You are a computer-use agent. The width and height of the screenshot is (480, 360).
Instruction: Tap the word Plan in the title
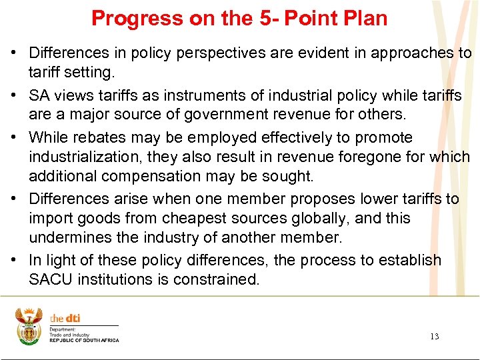(x=365, y=18)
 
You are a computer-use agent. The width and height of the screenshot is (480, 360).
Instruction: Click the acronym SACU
(x=51, y=279)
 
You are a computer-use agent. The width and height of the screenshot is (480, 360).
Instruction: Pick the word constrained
(x=218, y=279)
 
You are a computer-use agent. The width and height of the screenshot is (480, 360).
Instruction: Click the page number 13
(x=434, y=337)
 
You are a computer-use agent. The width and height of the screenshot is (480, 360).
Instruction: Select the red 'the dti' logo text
(x=65, y=319)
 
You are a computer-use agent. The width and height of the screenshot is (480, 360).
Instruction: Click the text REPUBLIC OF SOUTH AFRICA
(x=84, y=341)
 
